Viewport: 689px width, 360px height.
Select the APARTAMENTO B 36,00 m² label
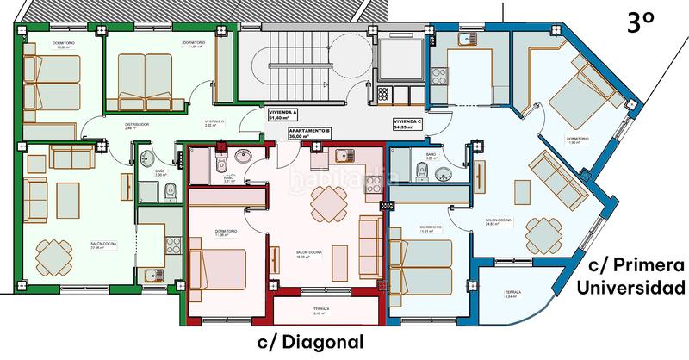pos(310,133)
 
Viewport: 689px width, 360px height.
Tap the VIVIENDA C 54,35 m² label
pos(408,124)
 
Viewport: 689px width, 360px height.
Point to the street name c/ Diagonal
pos(311,342)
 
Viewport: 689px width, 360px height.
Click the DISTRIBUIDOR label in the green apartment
pos(137,125)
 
